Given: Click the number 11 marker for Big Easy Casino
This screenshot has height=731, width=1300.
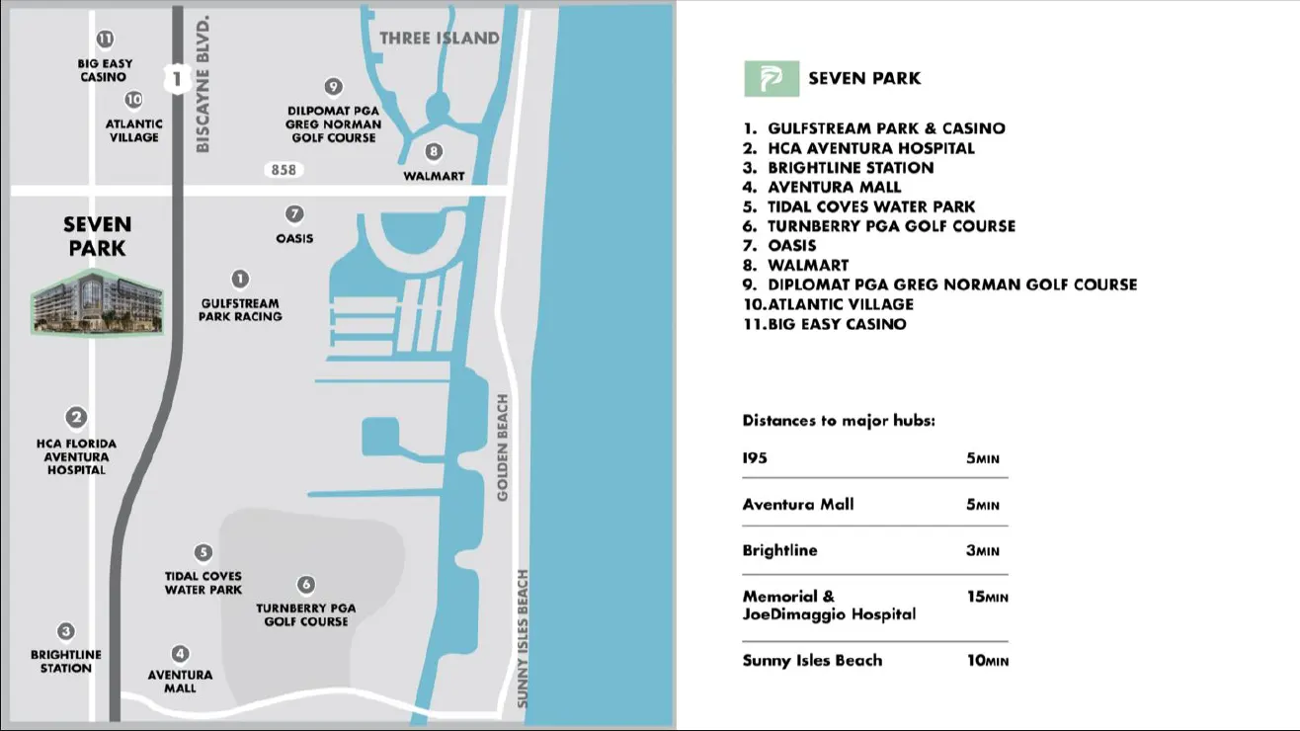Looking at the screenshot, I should (x=105, y=40).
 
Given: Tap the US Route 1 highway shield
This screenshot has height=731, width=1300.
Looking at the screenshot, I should (x=177, y=78).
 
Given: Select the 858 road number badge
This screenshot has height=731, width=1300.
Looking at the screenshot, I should (x=284, y=170).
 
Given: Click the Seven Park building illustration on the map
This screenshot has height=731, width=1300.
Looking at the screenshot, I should (x=97, y=301).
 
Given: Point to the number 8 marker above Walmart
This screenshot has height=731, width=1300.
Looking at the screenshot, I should (x=434, y=152).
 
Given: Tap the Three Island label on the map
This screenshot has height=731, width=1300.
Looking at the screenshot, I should (x=440, y=39).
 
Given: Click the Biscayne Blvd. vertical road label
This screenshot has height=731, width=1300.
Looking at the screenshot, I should (x=203, y=84).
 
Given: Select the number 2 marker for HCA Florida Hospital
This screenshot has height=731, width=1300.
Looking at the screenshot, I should (x=76, y=418).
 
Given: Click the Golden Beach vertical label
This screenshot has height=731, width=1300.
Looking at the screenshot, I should (x=503, y=447).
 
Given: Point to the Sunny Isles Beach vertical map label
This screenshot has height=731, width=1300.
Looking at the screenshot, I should (x=523, y=638).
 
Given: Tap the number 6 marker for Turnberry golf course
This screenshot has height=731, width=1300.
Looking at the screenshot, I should (x=306, y=585).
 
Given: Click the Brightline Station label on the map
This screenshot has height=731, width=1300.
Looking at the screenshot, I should (x=66, y=662).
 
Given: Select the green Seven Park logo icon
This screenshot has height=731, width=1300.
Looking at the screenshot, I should (x=772, y=79).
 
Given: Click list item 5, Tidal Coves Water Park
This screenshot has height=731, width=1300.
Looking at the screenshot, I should (x=859, y=206).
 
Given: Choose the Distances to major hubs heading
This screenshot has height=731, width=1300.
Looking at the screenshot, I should (x=839, y=421).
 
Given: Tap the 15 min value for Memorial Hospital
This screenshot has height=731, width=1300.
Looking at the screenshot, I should (x=988, y=597).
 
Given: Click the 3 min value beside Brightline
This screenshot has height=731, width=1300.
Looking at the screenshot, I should (x=983, y=550).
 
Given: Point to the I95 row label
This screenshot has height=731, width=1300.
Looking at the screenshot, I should (x=755, y=458).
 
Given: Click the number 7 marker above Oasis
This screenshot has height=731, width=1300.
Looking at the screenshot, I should (x=294, y=214).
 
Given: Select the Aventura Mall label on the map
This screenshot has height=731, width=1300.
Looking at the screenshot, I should (x=180, y=682).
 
